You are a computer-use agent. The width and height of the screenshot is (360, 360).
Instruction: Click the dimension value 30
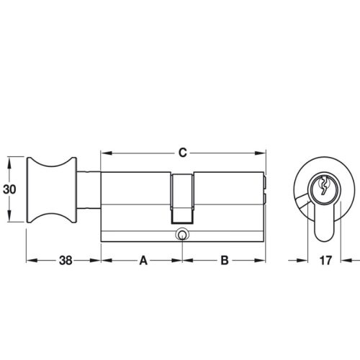click(x=9, y=190)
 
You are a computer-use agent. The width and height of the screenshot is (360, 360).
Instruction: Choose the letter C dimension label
click(x=183, y=153)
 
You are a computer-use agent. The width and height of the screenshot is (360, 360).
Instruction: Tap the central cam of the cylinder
click(x=183, y=199)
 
